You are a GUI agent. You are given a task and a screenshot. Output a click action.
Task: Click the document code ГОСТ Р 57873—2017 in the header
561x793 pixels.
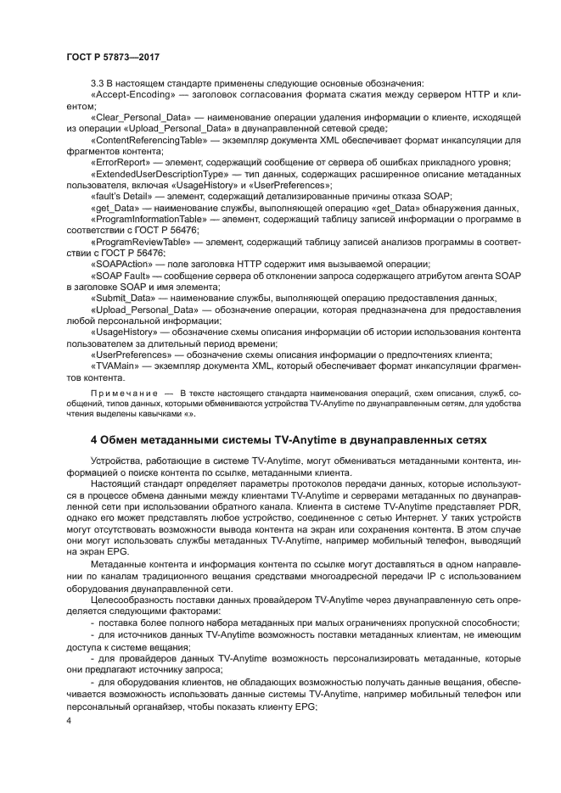(x=112, y=56)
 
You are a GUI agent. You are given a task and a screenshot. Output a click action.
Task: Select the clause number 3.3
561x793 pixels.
(x=98, y=83)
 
